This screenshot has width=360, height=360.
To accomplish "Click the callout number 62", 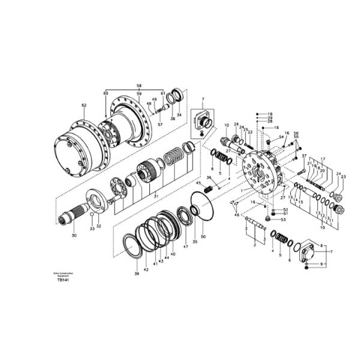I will coord(83,106).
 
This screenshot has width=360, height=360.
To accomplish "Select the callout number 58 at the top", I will coord(139,86).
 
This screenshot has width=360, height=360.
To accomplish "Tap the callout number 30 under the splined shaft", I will coord(74,236).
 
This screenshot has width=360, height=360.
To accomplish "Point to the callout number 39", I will coord(136,273).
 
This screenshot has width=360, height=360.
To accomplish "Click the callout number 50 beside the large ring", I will coord(203,237).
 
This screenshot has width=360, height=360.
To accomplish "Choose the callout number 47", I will coord(185,246).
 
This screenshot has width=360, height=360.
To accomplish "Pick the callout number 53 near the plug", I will coord(284,220).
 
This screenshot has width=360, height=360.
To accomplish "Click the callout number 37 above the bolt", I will coord(304,156).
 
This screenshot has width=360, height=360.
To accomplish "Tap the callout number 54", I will coord(281,137).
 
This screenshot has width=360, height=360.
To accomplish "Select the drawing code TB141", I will coord(63,280).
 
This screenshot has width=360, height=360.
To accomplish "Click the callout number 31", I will coord(156,196).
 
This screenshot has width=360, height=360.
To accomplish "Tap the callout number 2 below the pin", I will coord(254,245).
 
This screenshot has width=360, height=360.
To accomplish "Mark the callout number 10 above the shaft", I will coord(226,125).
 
